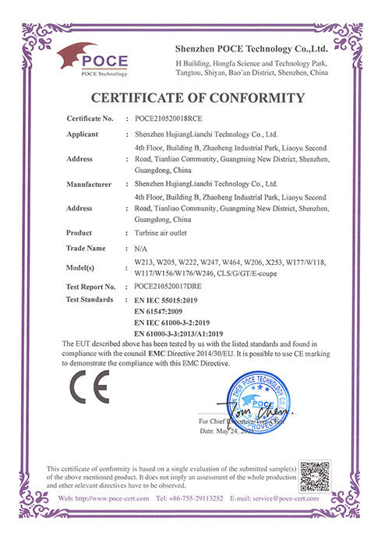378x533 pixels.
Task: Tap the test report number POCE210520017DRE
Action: (x=172, y=287)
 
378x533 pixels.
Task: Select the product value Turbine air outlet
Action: (x=163, y=234)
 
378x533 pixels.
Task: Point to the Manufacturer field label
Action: (x=90, y=184)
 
